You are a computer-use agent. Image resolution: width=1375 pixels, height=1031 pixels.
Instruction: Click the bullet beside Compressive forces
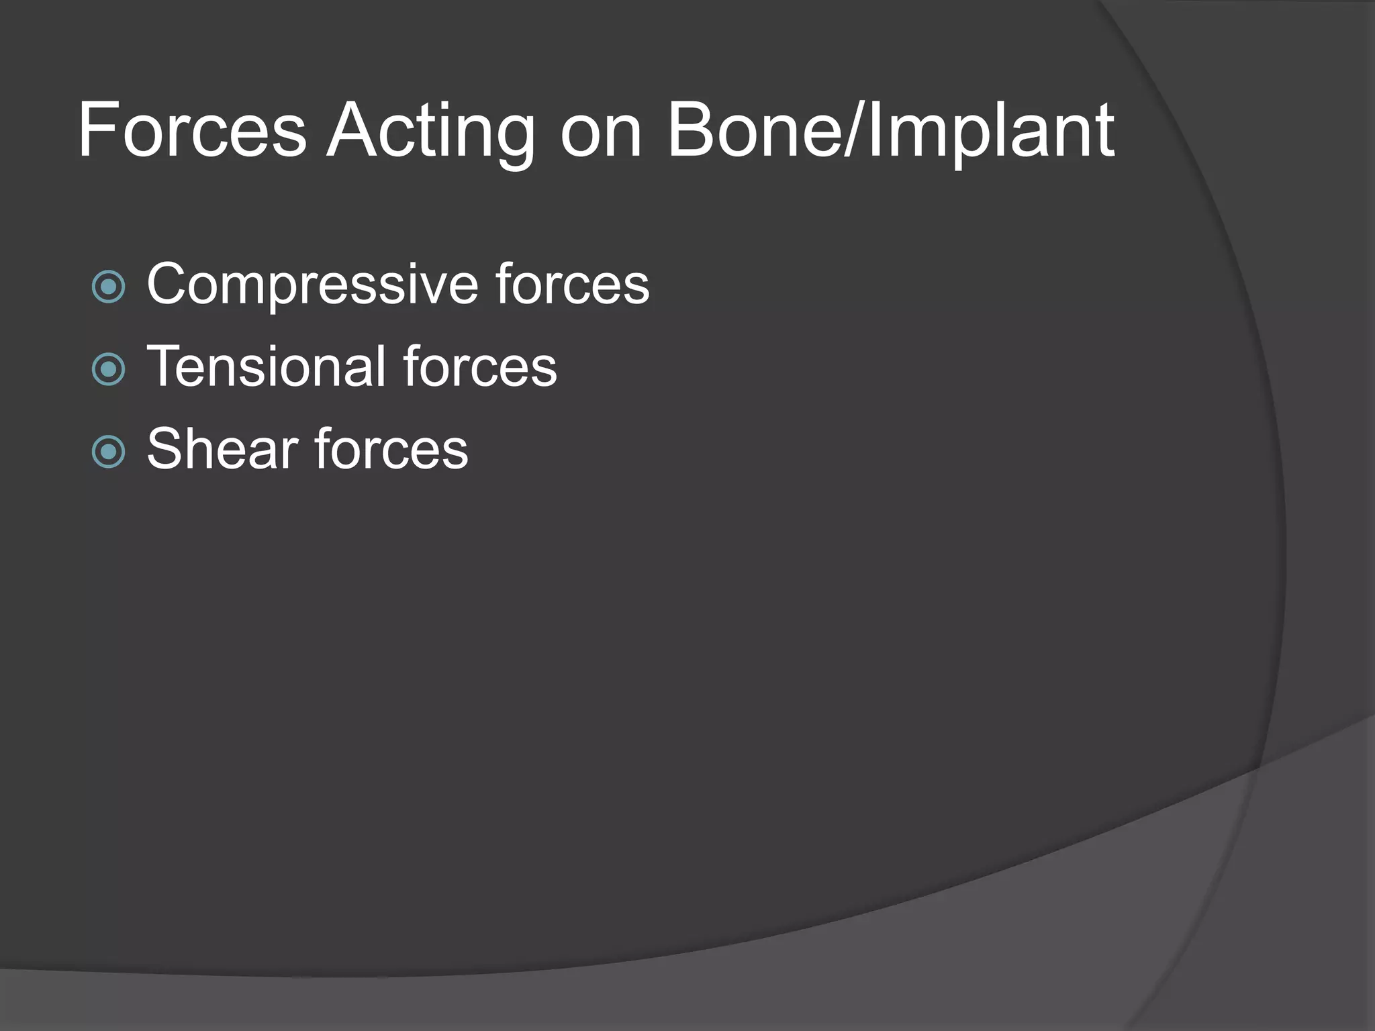pos(108,287)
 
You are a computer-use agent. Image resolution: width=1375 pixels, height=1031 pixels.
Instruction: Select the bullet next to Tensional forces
pos(108,370)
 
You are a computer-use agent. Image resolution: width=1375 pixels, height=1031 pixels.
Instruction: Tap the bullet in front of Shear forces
pos(108,452)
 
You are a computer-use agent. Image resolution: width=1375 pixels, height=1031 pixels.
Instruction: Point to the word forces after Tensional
pos(480,366)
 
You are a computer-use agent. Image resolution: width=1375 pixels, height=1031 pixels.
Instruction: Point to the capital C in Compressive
pos(169,285)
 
